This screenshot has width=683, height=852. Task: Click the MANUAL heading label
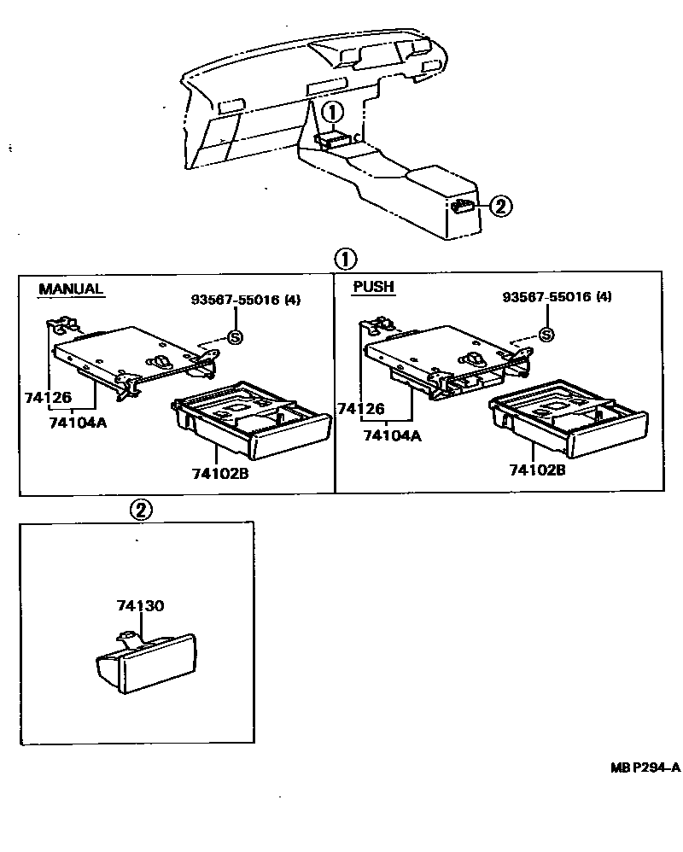(71, 289)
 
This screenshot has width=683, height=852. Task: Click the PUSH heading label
(373, 287)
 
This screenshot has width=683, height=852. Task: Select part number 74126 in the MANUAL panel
(72, 398)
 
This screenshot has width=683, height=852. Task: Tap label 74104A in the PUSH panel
(392, 435)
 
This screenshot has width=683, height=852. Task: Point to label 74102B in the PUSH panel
(537, 470)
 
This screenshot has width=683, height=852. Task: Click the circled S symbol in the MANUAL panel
(236, 337)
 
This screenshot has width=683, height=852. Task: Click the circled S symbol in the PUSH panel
(546, 336)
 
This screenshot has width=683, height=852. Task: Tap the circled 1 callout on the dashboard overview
(333, 110)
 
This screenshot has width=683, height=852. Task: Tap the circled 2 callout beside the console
(501, 206)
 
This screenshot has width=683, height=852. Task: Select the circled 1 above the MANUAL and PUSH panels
(345, 259)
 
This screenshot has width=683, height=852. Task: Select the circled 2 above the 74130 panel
(141, 510)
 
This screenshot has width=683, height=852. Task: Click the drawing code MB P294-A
(645, 767)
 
